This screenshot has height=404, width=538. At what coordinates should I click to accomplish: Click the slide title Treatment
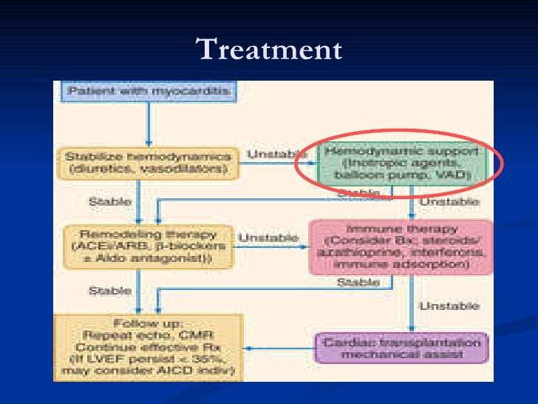(x=268, y=50)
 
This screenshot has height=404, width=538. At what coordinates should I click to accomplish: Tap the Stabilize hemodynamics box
(x=148, y=163)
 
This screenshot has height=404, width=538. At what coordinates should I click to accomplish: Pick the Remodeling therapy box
(x=149, y=245)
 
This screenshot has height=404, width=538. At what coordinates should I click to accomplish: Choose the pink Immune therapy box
(x=401, y=246)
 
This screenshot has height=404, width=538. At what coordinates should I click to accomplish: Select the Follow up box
(x=148, y=347)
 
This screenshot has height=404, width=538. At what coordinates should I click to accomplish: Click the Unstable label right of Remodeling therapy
(x=268, y=238)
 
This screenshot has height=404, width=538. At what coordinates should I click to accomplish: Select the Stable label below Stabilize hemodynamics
(x=110, y=201)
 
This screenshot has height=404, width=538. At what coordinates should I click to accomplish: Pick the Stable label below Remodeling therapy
(x=110, y=291)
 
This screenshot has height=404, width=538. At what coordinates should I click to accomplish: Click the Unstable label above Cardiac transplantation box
(x=449, y=306)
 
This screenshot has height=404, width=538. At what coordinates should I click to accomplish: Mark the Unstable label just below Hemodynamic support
(x=449, y=201)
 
